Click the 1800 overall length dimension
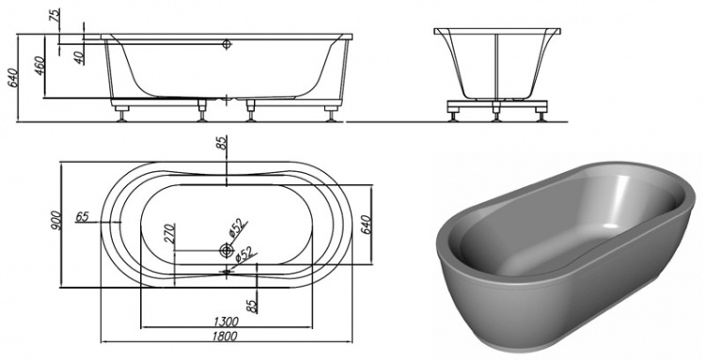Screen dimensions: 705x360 [x=225, y=337]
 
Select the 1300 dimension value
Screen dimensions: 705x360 [x=227, y=321]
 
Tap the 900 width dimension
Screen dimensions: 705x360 [x=55, y=221]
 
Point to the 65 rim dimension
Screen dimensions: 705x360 [x=82, y=217]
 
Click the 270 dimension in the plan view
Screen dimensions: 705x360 [x=169, y=233]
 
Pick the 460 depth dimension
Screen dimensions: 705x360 [x=40, y=66]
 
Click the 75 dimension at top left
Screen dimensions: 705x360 [x=55, y=15]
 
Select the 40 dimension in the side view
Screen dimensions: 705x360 [x=79, y=57]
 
